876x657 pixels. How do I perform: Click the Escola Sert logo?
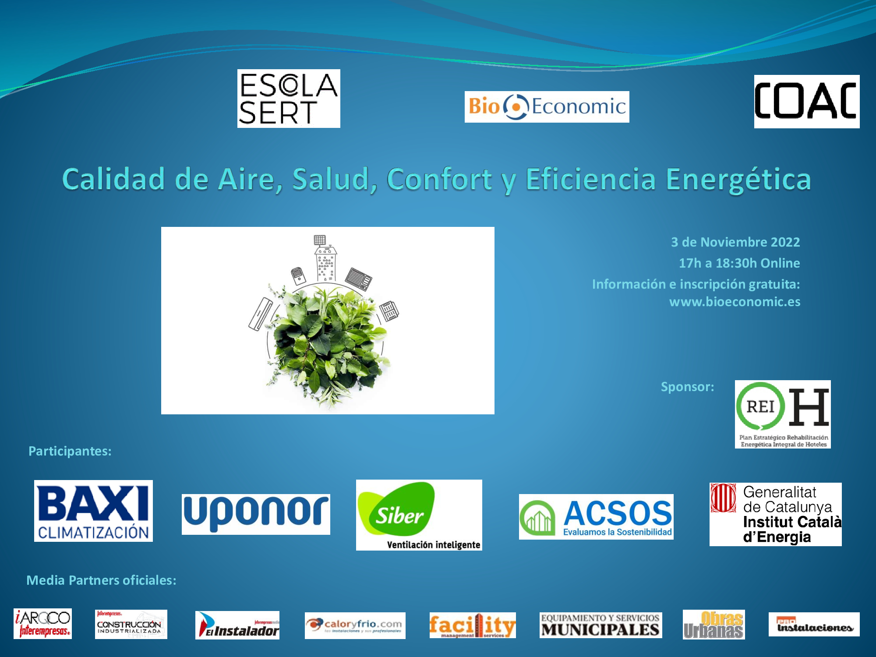point(289,99)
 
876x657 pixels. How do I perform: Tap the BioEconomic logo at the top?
point(547,107)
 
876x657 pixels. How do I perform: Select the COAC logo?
point(806,102)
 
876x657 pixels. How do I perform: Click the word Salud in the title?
point(334,179)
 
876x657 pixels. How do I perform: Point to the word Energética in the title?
point(738,180)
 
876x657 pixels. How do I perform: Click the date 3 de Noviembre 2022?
point(735,242)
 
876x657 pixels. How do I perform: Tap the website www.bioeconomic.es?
point(735,302)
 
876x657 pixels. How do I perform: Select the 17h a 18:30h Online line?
point(739,263)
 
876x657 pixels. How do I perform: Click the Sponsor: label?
point(687,387)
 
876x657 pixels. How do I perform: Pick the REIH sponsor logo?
point(783,414)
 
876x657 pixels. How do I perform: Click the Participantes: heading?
point(70,451)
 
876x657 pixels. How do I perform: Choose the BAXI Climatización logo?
point(93,511)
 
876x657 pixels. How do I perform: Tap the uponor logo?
point(256,514)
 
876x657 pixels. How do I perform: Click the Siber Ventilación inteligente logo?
point(419,515)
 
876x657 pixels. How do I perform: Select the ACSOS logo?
point(596,517)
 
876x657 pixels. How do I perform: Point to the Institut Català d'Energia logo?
point(775,515)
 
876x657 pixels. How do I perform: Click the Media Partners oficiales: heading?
point(101,580)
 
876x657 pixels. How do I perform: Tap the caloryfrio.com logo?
point(355,625)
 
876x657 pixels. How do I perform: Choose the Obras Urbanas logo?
point(714,625)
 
